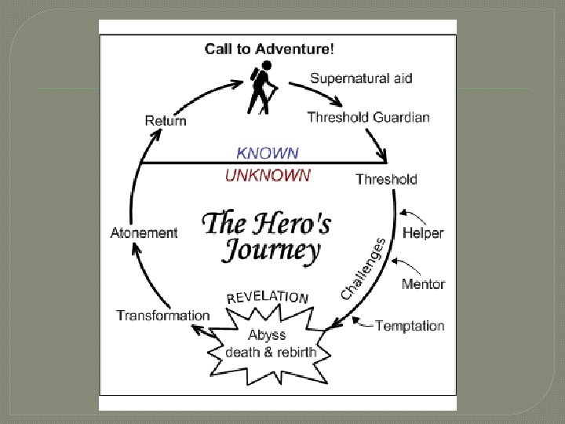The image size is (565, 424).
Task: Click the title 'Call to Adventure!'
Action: coord(269,49)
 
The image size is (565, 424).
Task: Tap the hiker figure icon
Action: coord(262,86)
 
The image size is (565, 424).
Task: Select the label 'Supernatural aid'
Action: coord(361,78)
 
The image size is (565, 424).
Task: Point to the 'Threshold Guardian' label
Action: coord(368,118)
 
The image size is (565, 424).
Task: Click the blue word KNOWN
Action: coord(268,153)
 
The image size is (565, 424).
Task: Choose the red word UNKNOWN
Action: coord(268,175)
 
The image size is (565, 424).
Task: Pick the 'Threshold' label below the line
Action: coord(386,179)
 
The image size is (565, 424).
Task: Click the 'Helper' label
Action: coord(423,232)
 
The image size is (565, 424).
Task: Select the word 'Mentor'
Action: coord(423,283)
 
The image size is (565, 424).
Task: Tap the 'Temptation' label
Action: coord(410,325)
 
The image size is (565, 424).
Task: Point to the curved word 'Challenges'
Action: coord(363,269)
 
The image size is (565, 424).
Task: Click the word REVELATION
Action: coord(268,296)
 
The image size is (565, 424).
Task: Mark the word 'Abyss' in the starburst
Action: coord(267,334)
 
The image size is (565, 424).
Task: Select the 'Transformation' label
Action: coord(163,316)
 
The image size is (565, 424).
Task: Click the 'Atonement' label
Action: coord(144,232)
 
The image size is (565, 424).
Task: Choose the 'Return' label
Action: coord(166,120)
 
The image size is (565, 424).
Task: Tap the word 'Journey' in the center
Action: coord(272,250)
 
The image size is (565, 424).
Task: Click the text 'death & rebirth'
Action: coord(271,352)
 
